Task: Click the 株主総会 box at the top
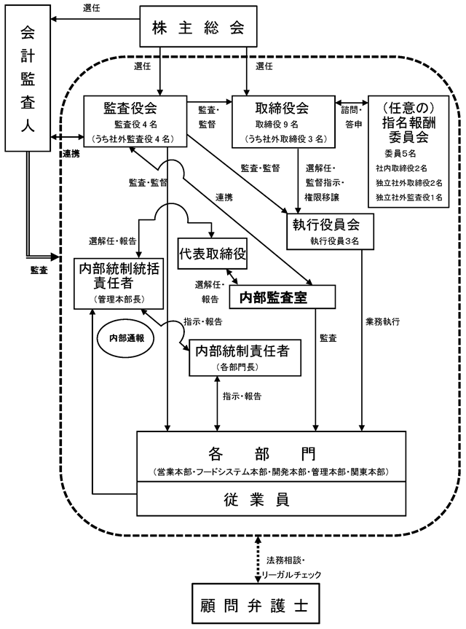(x=198, y=26)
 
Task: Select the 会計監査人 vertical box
(x=28, y=78)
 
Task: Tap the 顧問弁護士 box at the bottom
(x=256, y=603)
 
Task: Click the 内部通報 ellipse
(x=127, y=338)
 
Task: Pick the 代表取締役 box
(x=213, y=254)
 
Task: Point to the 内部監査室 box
(x=282, y=297)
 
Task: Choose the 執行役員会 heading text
(x=325, y=224)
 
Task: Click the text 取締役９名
(x=277, y=125)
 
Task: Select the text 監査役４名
(x=136, y=125)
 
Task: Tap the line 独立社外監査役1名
(x=408, y=197)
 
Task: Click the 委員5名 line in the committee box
(x=400, y=153)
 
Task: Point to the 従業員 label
(x=257, y=500)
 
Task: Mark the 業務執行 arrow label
(x=382, y=321)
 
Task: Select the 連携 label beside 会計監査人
(x=71, y=154)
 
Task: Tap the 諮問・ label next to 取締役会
(x=352, y=109)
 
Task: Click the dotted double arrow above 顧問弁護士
(x=258, y=560)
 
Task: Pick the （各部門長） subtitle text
(x=237, y=367)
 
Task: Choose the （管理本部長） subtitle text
(x=119, y=300)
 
